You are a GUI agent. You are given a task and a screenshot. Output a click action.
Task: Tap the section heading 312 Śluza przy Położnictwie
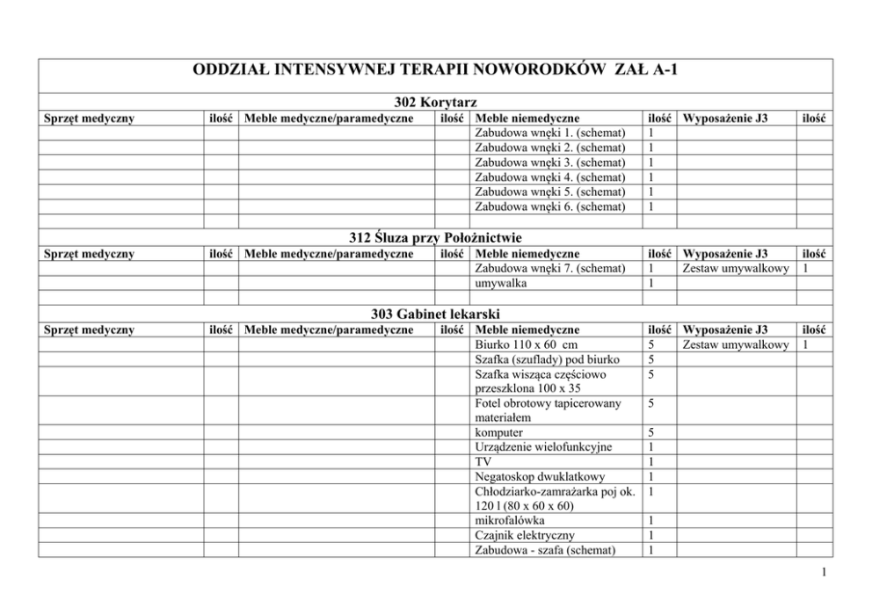[436, 238]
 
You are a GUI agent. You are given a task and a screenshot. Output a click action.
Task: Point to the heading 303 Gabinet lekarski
[436, 314]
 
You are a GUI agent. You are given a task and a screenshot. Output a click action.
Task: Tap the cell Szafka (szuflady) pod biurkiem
[547, 359]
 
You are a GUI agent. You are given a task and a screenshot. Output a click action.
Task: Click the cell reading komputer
[498, 432]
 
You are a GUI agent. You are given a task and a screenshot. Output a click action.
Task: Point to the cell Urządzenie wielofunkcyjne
[543, 447]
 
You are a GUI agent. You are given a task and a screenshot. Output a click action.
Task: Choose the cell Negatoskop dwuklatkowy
[539, 477]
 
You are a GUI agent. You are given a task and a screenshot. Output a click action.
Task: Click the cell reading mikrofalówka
[505, 520]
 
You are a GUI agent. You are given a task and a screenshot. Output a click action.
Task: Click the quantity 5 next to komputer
[650, 432]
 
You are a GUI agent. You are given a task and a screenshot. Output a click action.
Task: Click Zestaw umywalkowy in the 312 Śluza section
[736, 268]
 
